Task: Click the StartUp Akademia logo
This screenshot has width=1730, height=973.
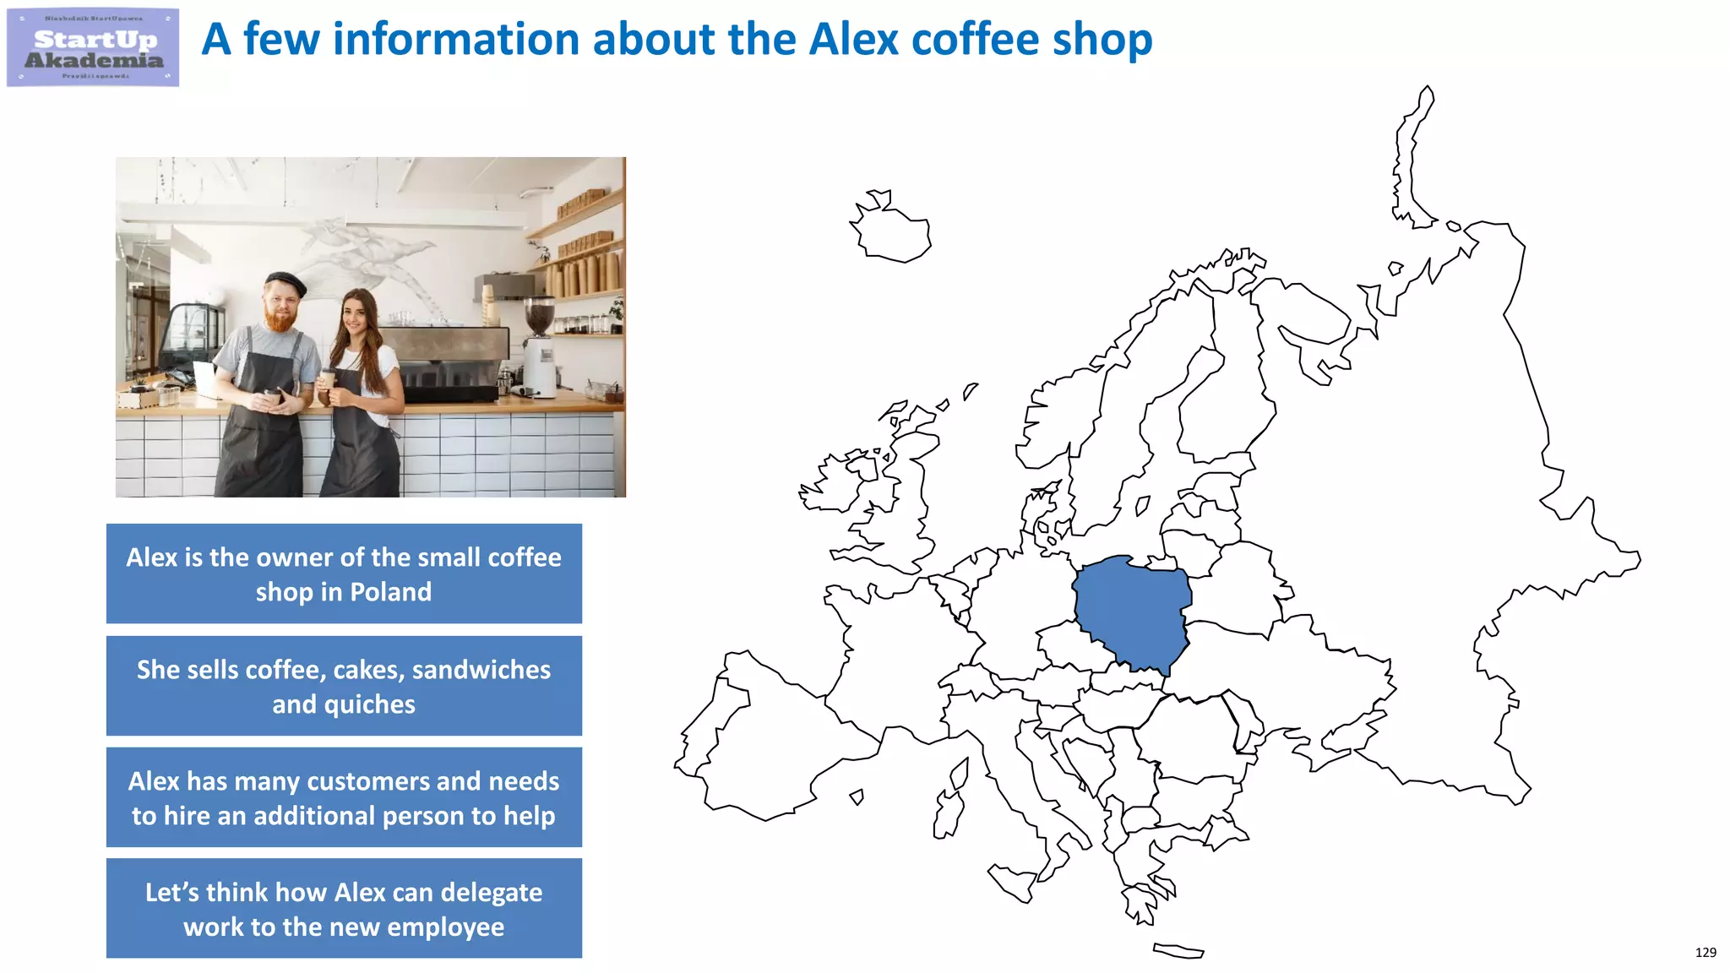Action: point(93,47)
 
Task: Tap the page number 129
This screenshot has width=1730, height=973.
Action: point(1705,952)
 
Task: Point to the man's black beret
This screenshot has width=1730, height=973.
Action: point(285,282)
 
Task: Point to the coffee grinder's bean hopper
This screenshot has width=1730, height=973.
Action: point(539,315)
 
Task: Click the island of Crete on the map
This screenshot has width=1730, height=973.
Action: point(1178,951)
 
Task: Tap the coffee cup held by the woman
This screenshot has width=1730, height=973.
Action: point(328,379)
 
